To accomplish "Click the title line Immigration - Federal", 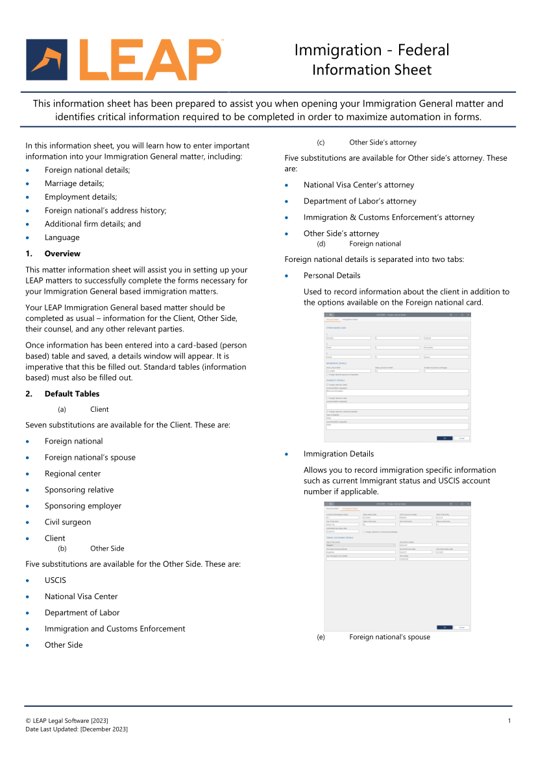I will tap(371, 50).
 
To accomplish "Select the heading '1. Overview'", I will tap(62, 254).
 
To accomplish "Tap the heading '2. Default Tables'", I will tap(71, 394).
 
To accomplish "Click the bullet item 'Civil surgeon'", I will tap(67, 522).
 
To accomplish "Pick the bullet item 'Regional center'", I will tap(73, 473).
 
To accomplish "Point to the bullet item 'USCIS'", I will tap(55, 580).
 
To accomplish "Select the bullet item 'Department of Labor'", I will tap(82, 613).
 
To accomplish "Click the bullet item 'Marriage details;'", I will tap(74, 184).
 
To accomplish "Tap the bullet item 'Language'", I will tap(62, 237).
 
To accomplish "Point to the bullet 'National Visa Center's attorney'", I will tap(358, 185).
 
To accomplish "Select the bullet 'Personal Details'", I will tap(332, 276).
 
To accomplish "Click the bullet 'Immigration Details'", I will tap(338, 454).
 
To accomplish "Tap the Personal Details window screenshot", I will tap(397, 377).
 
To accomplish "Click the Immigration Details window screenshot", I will tap(397, 566).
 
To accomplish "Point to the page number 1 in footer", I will tap(509, 721).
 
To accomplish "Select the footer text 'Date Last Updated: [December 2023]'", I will tap(77, 729).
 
